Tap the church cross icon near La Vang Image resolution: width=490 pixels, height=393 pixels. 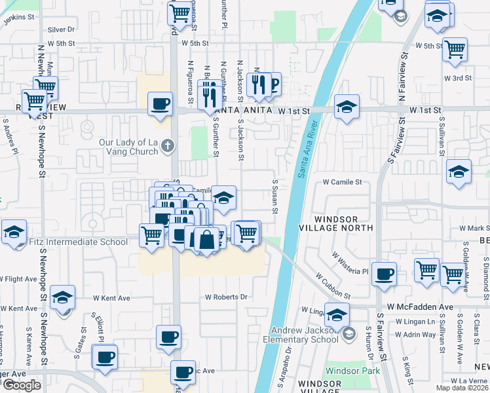168,145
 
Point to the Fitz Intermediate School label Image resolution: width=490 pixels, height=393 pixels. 79,242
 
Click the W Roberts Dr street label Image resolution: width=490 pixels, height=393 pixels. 225,297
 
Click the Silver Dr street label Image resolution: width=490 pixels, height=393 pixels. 62,29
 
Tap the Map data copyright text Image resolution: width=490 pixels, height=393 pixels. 462,388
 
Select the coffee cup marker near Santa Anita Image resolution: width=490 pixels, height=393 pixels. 160,103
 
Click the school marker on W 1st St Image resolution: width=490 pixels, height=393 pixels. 347,106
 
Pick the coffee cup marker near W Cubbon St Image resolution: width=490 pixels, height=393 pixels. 384,273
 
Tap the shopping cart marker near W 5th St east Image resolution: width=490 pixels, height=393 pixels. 455,48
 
